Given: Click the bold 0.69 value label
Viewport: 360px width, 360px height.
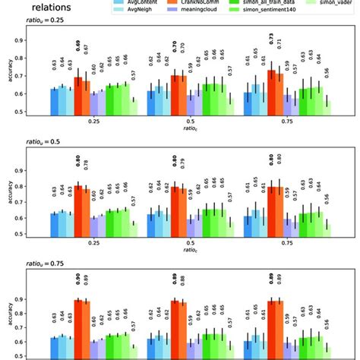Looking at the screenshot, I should (77, 58).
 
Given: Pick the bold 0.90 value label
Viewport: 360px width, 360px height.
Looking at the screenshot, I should (77, 278).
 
